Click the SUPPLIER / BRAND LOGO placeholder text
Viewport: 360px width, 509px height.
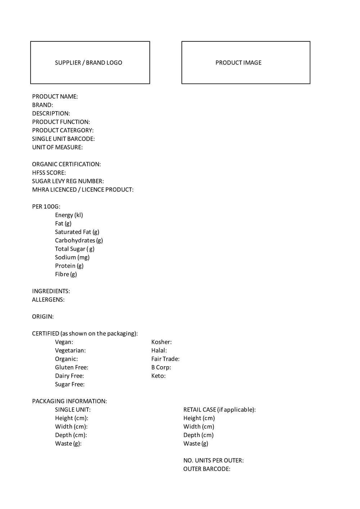(x=88, y=63)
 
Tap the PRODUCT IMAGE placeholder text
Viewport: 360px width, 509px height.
(x=238, y=63)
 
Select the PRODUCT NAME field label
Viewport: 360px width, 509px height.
(x=55, y=96)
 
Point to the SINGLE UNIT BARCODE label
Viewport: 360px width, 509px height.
(x=63, y=139)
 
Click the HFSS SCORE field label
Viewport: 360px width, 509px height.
(x=49, y=173)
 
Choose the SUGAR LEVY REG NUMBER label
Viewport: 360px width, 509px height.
(x=68, y=181)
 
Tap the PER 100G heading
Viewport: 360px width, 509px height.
(x=46, y=206)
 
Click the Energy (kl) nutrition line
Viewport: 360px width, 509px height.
(x=69, y=215)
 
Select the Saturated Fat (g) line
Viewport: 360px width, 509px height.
(x=77, y=232)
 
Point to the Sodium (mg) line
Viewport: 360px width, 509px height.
(x=72, y=257)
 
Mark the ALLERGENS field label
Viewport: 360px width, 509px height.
(x=48, y=300)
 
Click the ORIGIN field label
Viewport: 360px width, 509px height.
(x=43, y=317)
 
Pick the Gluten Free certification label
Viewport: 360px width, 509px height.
(x=71, y=367)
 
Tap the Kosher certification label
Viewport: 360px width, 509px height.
(x=161, y=342)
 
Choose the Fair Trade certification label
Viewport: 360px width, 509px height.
(x=165, y=359)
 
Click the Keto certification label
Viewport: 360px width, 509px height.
(x=158, y=376)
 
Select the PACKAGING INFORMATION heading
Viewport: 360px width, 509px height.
(x=69, y=401)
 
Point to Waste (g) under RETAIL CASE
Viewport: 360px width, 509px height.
(x=195, y=444)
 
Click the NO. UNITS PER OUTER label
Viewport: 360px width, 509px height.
(x=213, y=460)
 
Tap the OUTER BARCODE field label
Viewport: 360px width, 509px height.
(x=207, y=469)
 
